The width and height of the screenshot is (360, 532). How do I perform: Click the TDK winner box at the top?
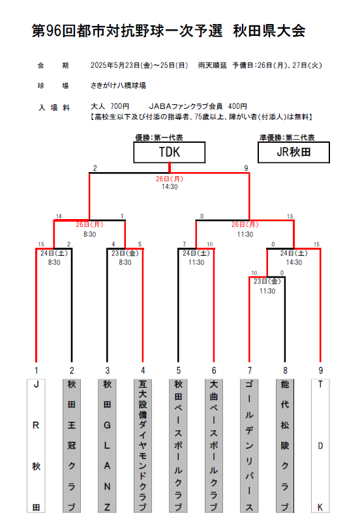[x=170, y=153]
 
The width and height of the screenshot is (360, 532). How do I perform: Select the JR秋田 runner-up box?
[x=293, y=153]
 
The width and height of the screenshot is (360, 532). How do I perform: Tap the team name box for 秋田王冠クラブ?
[x=72, y=445]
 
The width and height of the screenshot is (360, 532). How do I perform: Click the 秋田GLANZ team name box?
[x=107, y=445]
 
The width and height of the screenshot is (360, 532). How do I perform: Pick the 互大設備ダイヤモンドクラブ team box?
[x=143, y=445]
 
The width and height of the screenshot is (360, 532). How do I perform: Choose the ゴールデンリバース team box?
[x=249, y=445]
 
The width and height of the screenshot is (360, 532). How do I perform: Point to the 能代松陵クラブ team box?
[x=285, y=445]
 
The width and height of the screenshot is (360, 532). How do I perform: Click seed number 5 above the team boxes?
[x=179, y=370]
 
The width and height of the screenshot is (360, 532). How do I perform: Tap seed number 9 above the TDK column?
[x=321, y=370]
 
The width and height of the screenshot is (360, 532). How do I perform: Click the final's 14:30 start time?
[x=170, y=186]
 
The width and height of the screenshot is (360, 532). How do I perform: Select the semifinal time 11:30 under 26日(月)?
[x=245, y=234]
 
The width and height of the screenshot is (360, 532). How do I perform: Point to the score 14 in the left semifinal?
[x=59, y=216]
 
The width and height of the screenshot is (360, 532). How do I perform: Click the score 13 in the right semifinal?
[x=290, y=216]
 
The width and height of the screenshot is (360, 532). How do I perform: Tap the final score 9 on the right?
[x=246, y=168]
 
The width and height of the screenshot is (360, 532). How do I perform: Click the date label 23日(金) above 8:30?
[x=125, y=253]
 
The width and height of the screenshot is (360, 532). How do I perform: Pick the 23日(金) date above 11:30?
[x=267, y=281]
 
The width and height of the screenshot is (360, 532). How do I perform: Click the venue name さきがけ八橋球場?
[x=119, y=85]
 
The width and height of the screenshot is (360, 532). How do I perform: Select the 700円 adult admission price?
[x=119, y=106]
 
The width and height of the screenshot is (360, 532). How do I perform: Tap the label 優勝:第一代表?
[x=159, y=138]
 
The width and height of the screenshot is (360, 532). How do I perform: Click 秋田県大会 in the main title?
[x=269, y=31]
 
